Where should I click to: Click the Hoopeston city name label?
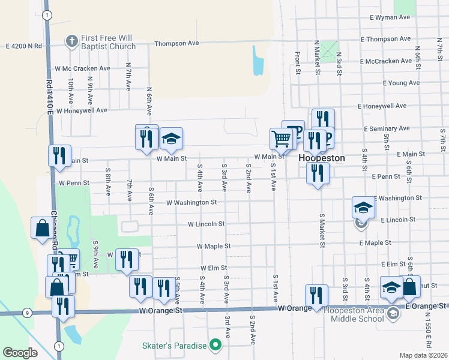[322, 158]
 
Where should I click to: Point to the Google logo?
[20, 353]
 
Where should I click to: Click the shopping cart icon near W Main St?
[281, 139]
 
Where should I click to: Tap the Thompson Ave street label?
[176, 43]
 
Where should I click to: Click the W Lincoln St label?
[206, 224]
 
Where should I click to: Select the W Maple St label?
[214, 246]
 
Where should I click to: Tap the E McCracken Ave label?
[386, 61]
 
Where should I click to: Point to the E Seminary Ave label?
[387, 128]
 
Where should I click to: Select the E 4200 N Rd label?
[24, 46]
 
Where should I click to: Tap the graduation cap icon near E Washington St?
[363, 208]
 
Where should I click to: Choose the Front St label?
[297, 62]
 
